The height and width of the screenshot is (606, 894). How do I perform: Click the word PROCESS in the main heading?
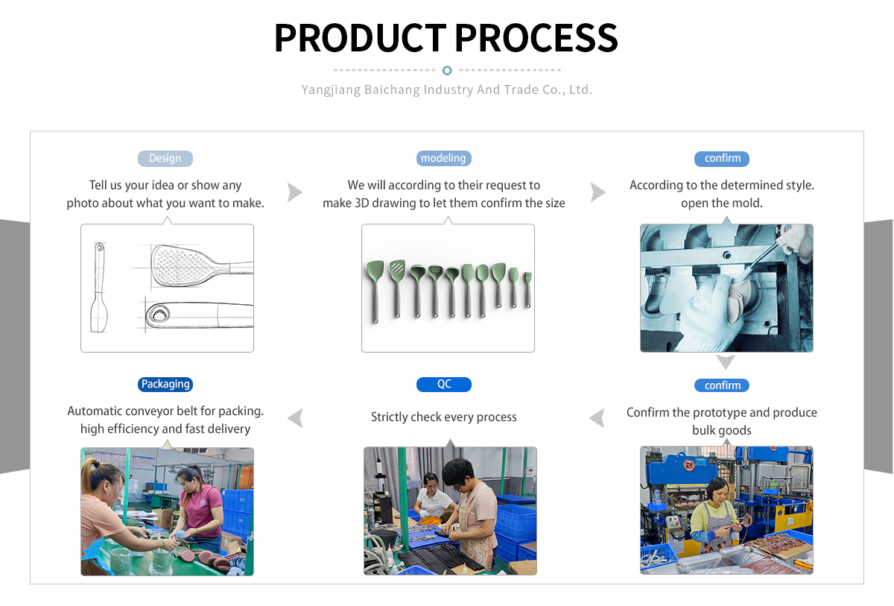click(x=536, y=37)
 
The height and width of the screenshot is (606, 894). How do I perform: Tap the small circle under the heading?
click(x=447, y=70)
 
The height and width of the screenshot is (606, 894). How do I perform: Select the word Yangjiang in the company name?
click(x=330, y=89)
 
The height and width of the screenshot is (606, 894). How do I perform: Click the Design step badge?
click(x=165, y=158)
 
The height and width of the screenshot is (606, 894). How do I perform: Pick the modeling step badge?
click(x=444, y=158)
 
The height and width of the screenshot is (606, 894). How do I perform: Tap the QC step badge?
click(x=444, y=384)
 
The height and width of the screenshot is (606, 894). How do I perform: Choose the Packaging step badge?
click(x=165, y=384)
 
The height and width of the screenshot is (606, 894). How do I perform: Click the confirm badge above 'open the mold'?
click(x=723, y=158)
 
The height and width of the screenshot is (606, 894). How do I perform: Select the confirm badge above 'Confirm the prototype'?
click(x=723, y=385)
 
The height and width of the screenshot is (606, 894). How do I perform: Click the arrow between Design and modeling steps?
click(x=295, y=192)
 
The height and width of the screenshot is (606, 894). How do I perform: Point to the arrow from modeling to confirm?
click(x=597, y=192)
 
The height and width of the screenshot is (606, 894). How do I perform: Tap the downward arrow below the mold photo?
click(x=726, y=362)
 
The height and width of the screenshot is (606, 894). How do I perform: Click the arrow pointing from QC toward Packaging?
click(x=296, y=418)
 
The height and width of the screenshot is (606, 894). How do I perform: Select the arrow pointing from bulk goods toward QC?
click(x=597, y=418)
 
